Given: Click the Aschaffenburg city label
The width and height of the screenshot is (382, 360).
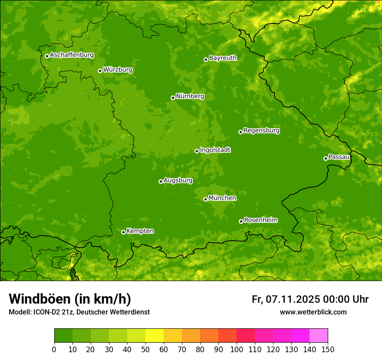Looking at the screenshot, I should pos(72,55).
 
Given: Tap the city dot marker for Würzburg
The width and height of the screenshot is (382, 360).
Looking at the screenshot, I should pos(100,71).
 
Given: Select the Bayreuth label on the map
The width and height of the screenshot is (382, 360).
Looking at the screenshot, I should pos(223,58).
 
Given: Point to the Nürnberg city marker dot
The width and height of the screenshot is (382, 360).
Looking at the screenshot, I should pos(173,98).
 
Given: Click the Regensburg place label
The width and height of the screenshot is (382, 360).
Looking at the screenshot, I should pos(261,131).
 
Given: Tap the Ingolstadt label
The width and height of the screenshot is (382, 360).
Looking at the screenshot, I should pos(215,150).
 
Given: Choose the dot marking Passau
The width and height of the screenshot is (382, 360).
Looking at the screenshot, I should pos(326,158).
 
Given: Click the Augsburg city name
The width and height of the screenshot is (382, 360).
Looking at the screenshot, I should pos(178,180).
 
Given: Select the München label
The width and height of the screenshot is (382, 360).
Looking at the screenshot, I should pos(222,198).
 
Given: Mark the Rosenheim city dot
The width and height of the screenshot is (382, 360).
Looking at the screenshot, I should pos(241,221).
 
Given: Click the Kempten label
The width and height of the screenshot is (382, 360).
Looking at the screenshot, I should pos(140,231).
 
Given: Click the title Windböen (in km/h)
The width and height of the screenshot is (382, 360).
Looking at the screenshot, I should pos(69,299).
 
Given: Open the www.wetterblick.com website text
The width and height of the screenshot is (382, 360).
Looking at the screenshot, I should pos(313,312).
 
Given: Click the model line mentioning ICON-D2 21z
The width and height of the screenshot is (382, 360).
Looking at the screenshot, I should pos(79,312).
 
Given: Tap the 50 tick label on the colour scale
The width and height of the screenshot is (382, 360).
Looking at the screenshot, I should pos(145,349).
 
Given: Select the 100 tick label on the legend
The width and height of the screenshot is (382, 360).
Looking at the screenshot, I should pos(237,349).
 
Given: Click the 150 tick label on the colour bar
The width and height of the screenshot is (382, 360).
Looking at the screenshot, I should pos(328,349).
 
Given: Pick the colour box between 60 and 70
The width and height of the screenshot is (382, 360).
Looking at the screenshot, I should pos(173,336).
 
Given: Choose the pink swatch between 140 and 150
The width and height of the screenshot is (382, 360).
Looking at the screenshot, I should pos(319,336).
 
